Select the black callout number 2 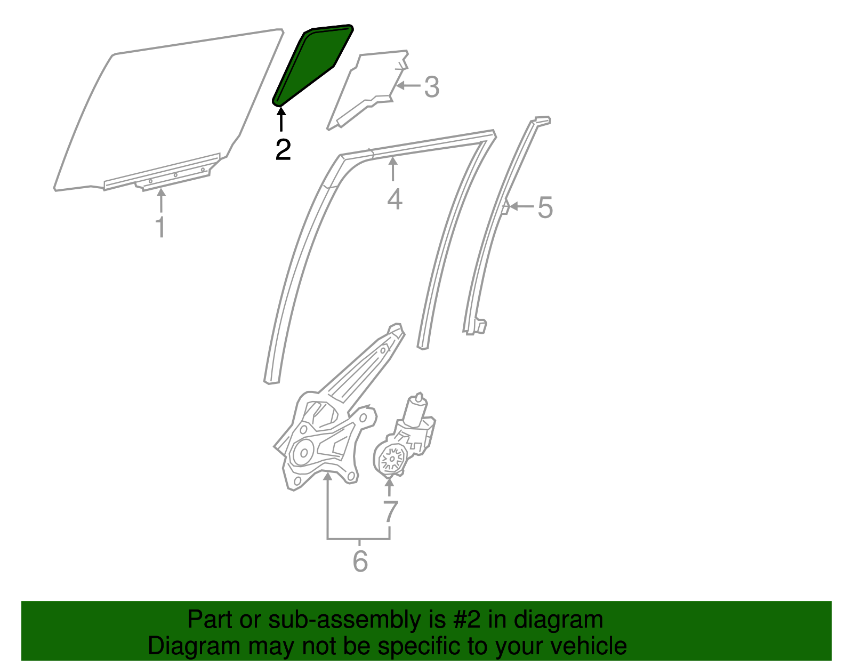pos(283,150)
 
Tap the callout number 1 pos(160,227)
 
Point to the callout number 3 pos(431,86)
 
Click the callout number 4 pos(394,199)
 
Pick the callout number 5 pos(545,207)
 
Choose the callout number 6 pos(360,561)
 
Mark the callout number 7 pos(390,511)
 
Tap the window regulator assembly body pos(320,443)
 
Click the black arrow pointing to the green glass pos(281,118)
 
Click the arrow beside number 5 pos(521,206)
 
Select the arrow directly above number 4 pos(393,171)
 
